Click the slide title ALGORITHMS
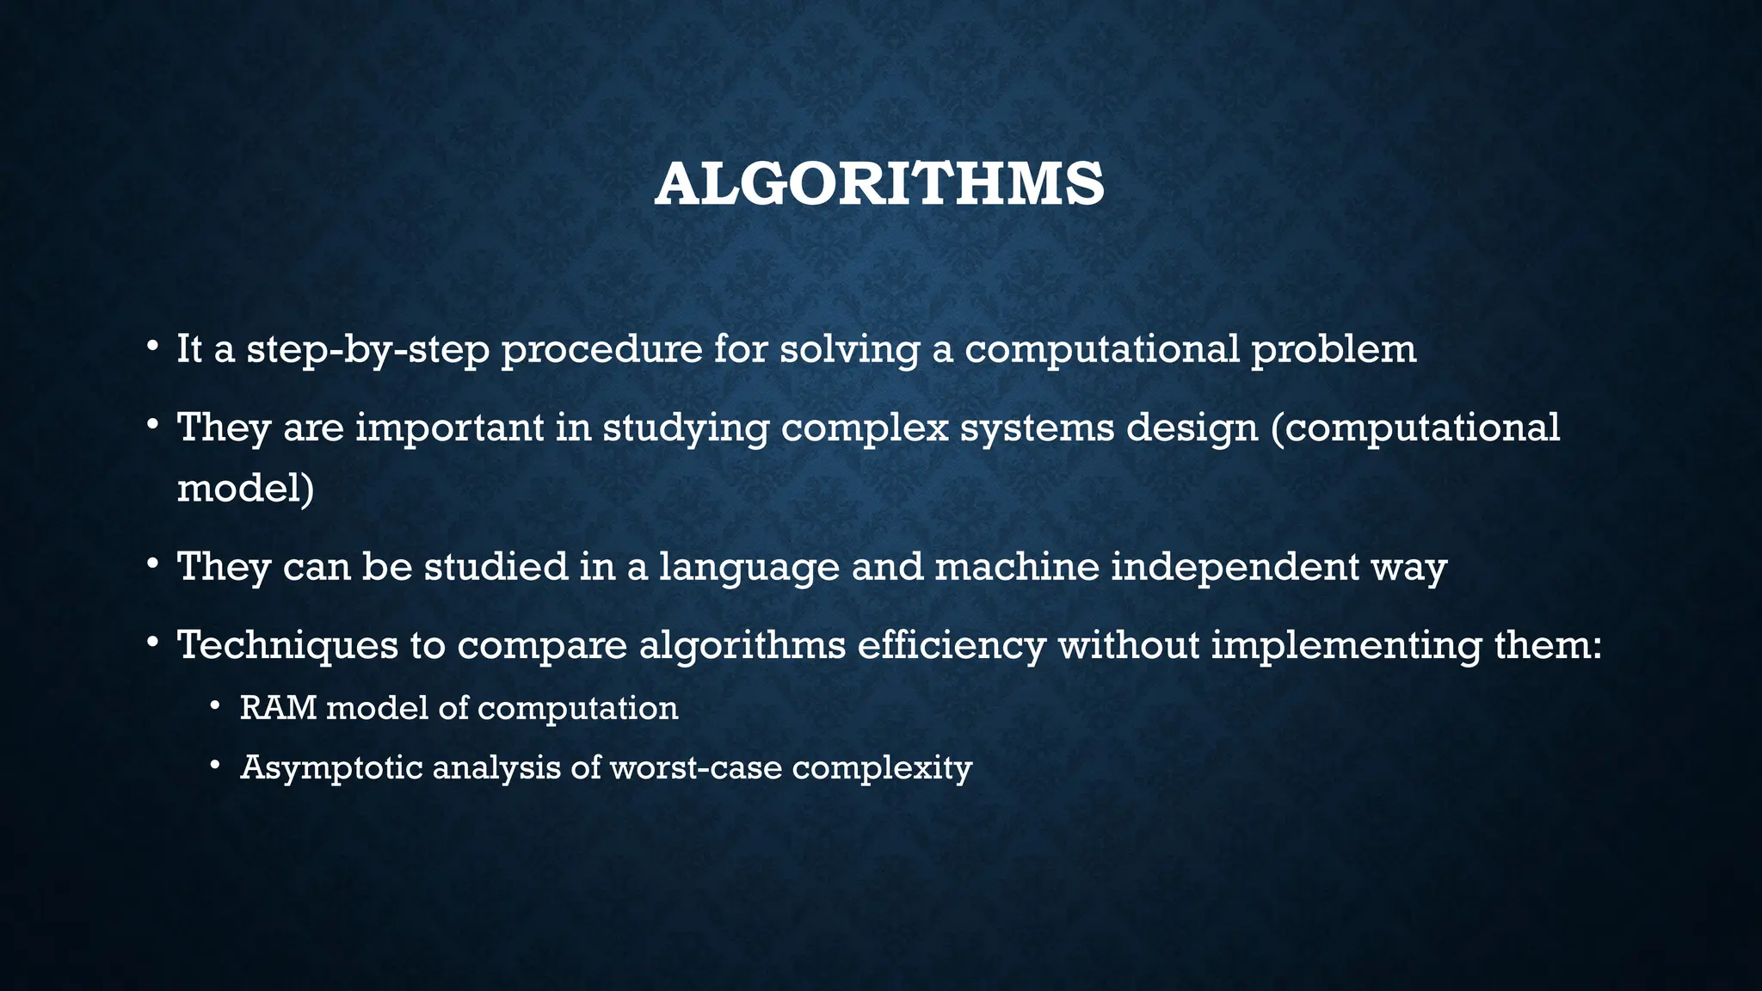(x=879, y=184)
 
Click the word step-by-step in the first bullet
(x=368, y=349)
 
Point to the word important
(x=450, y=428)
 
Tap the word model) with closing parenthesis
(x=245, y=488)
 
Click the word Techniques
(x=287, y=645)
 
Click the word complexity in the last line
(x=882, y=767)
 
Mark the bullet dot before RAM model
(x=215, y=706)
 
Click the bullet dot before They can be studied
(x=152, y=563)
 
